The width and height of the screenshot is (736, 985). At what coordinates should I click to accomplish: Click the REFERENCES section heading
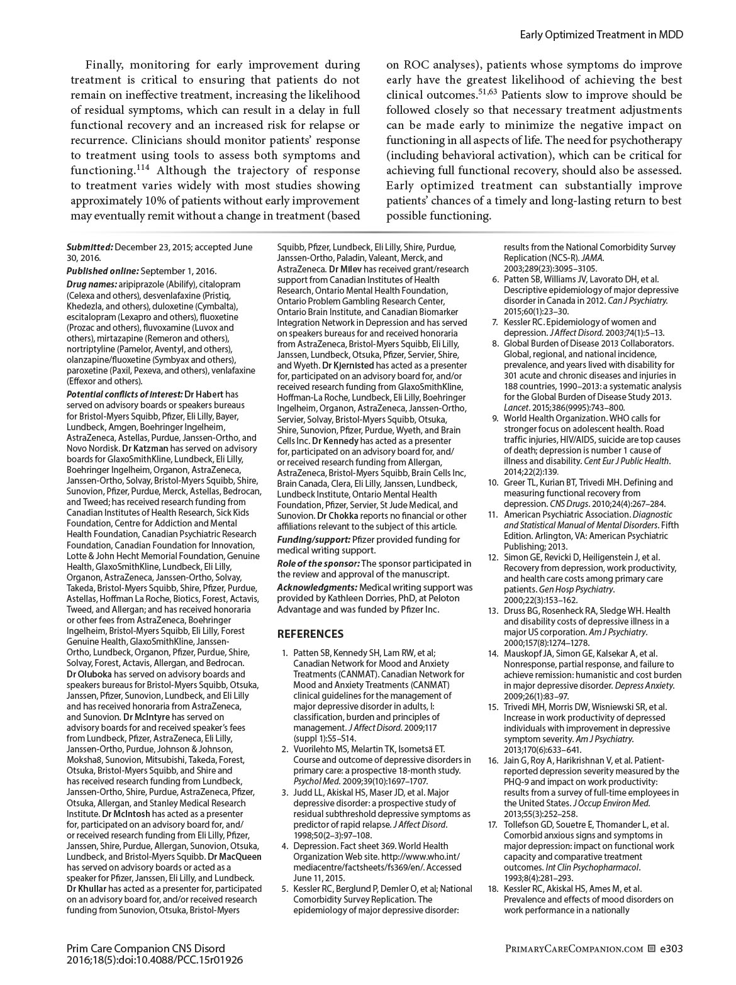coord(311,634)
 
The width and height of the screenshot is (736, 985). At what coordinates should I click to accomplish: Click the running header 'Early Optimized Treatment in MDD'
coord(601,35)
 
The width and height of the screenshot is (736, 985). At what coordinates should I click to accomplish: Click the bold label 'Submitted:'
coord(90,247)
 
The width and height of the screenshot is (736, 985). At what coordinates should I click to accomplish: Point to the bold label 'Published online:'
coord(102,271)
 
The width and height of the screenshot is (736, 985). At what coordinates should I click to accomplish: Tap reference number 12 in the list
coord(494,557)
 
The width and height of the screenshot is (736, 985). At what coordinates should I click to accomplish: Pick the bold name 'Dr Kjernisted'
coord(348,365)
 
